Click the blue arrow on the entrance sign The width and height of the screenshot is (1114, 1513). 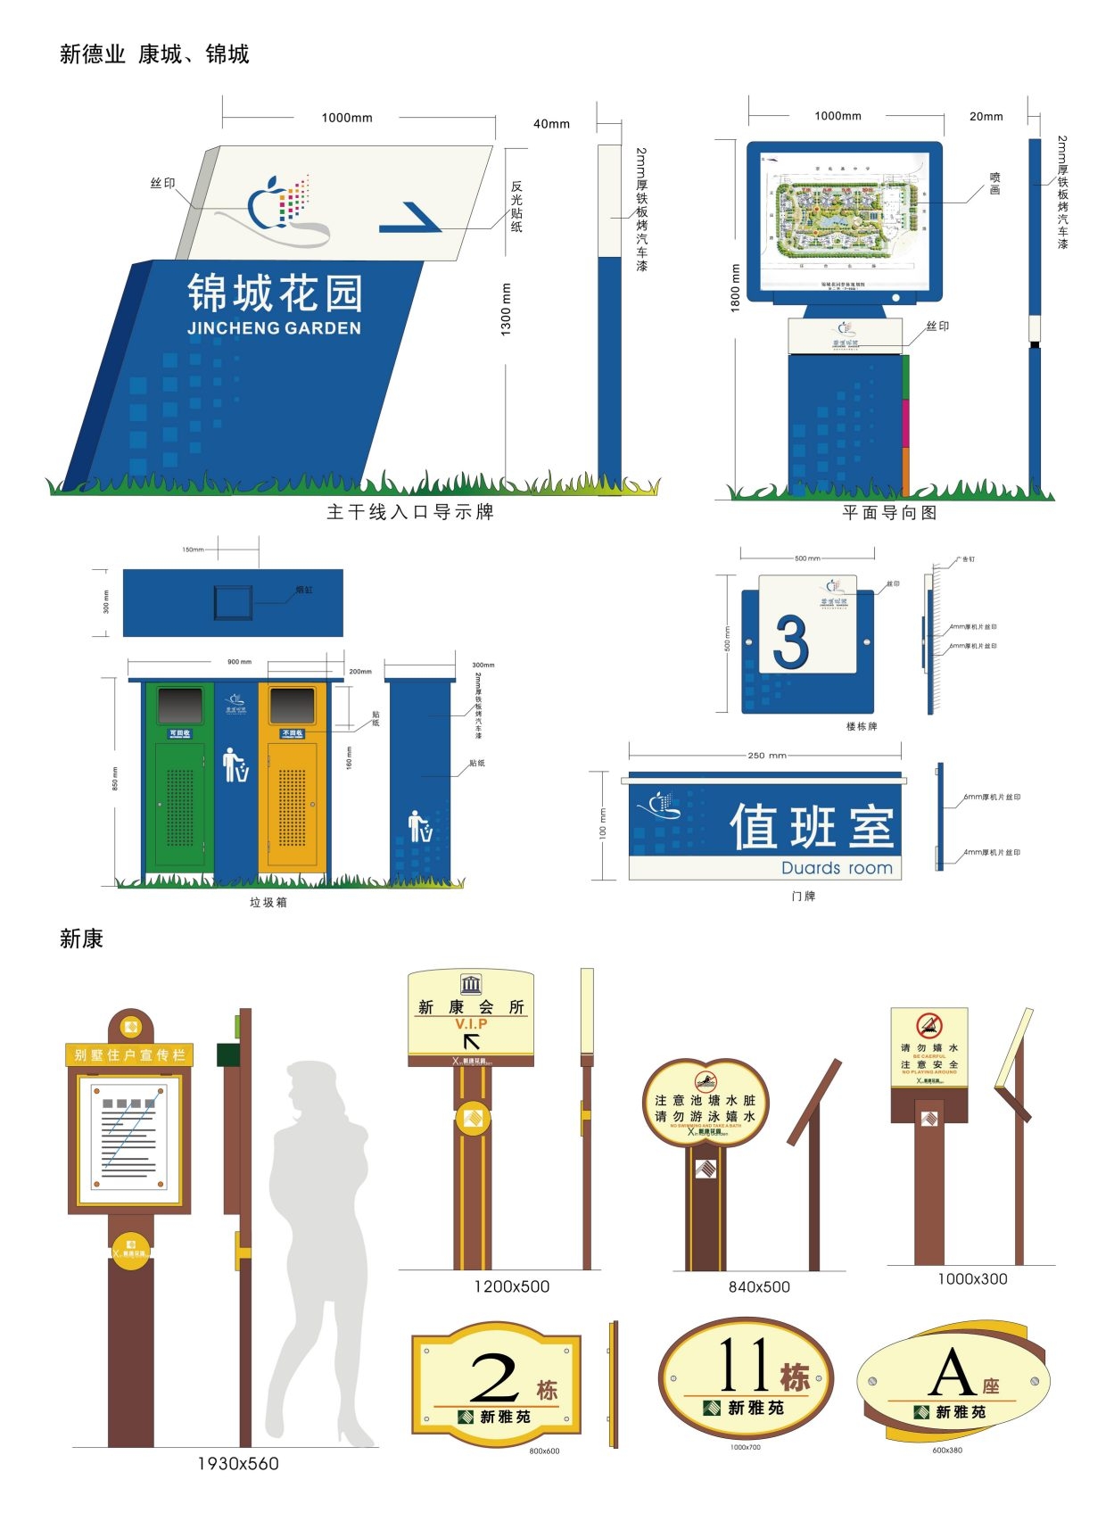point(411,219)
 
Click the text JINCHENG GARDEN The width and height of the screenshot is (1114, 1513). point(274,328)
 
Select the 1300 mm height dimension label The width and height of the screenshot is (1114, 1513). point(506,309)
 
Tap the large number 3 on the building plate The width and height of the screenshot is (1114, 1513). point(791,641)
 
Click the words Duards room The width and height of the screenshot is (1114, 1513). point(836,868)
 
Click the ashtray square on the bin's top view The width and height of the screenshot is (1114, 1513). point(233,603)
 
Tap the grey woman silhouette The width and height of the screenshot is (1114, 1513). point(322,1249)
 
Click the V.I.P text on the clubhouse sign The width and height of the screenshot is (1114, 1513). point(471,1024)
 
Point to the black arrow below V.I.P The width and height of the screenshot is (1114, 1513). point(471,1040)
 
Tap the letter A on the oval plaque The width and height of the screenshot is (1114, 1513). point(952,1374)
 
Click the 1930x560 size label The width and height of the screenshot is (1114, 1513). point(237,1464)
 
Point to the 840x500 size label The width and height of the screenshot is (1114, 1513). point(759,1286)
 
